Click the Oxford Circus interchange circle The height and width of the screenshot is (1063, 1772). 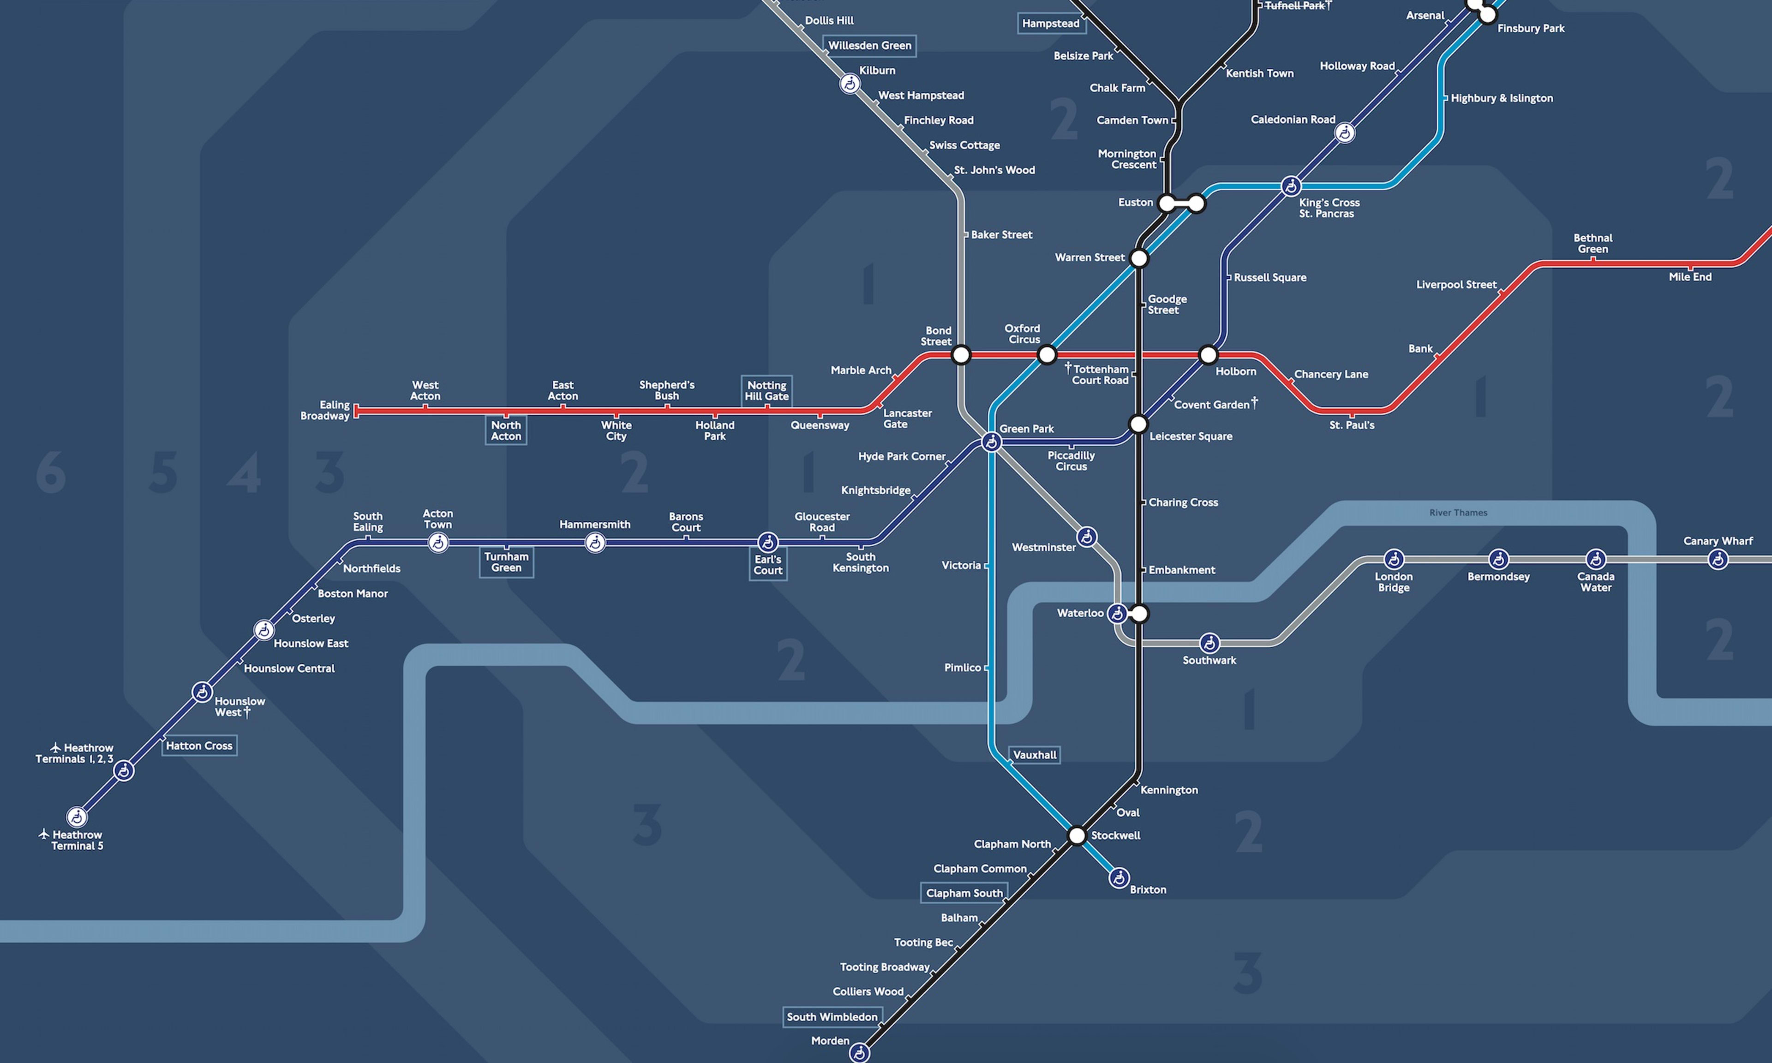(1047, 355)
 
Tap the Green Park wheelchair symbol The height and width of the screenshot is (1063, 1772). (991, 442)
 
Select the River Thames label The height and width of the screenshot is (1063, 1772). (1458, 513)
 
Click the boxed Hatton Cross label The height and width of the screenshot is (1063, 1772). (199, 746)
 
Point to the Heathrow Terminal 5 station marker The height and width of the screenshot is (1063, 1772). (77, 817)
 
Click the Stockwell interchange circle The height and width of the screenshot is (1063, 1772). (1077, 835)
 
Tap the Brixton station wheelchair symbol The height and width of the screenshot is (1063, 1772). (1119, 878)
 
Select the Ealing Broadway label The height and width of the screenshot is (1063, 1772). (325, 411)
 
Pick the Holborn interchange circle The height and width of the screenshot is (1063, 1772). (1208, 355)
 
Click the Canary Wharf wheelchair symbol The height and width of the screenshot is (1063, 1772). (1718, 560)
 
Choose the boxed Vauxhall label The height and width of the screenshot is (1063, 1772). (1034, 755)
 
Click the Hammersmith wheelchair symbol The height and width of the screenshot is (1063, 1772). (594, 543)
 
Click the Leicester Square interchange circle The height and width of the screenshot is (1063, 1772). (1138, 424)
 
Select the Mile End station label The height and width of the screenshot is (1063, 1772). (1690, 277)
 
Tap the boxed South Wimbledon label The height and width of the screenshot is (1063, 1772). (832, 1017)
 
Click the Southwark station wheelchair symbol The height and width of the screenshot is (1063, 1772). (1209, 643)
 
